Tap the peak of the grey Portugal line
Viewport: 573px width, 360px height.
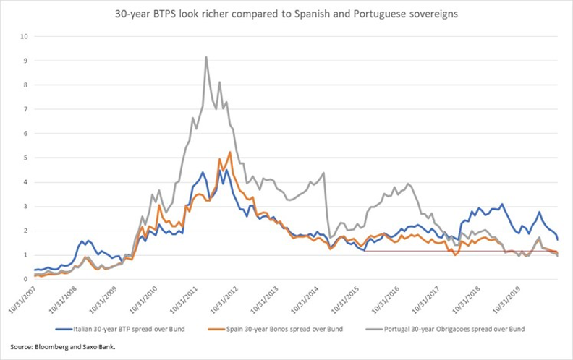(206, 57)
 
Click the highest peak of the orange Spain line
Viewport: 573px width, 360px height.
(229, 152)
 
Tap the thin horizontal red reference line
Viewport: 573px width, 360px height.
(434, 252)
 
